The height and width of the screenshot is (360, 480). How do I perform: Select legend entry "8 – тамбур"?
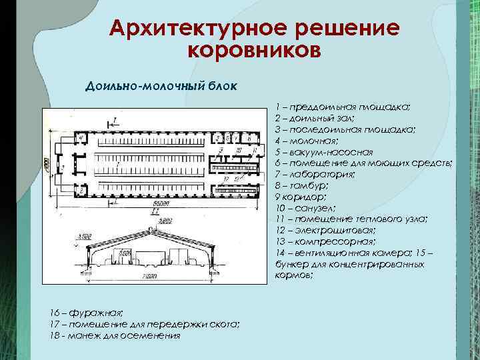[301, 186]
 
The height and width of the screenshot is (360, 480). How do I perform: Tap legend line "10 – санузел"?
[305, 209]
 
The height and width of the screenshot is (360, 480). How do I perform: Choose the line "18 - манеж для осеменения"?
[115, 335]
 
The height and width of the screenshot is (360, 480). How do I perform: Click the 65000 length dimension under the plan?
[159, 202]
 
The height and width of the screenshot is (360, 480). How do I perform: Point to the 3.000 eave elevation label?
[83, 237]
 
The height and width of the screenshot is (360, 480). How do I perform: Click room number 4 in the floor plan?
[81, 138]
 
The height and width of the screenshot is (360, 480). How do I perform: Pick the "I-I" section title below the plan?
[153, 211]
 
